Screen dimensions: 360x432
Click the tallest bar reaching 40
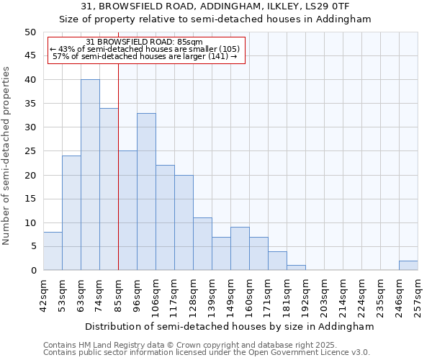coord(90,175)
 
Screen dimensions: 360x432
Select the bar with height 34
coord(109,189)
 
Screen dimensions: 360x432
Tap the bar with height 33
coord(146,192)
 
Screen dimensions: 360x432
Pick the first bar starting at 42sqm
coord(53,251)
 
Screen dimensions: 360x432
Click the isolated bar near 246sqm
coord(408,266)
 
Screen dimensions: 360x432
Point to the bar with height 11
coord(202,244)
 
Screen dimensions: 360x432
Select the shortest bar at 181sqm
coord(296,268)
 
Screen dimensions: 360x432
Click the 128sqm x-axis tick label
coord(194,295)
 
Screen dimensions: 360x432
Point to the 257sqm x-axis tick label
coord(418,295)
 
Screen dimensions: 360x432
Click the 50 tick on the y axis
coord(30,32)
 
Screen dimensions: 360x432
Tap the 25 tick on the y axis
coord(30,151)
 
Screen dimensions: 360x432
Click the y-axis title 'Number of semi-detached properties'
coord(7,156)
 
